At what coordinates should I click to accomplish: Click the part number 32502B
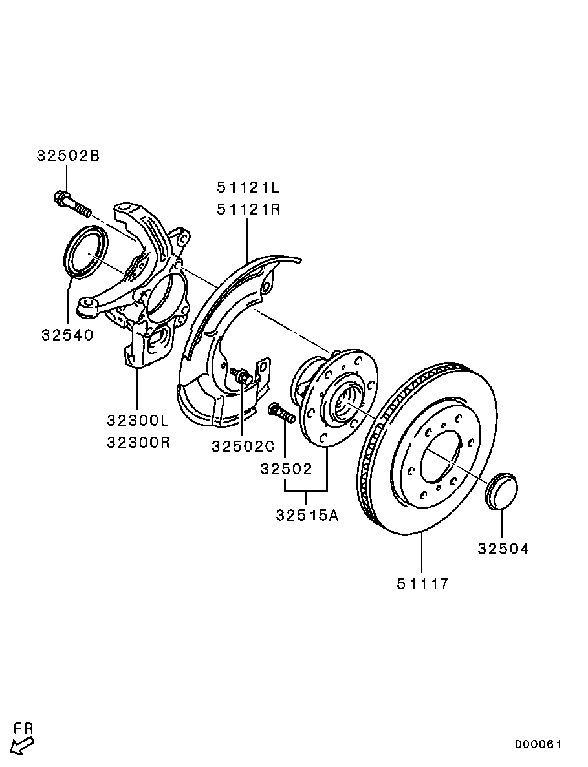click(x=68, y=156)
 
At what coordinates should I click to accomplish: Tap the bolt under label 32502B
click(x=72, y=204)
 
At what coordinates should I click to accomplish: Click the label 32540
click(x=67, y=335)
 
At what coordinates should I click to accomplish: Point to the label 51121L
click(x=248, y=187)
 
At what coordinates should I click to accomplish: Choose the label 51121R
click(x=248, y=209)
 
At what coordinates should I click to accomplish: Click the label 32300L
click(x=138, y=420)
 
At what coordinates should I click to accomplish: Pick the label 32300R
click(x=138, y=442)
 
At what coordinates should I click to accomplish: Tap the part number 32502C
click(x=243, y=446)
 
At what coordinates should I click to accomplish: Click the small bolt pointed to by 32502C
click(x=241, y=376)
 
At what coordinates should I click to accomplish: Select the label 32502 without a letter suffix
click(x=286, y=468)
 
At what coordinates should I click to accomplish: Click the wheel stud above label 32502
click(x=281, y=412)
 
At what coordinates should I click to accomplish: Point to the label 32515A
click(x=307, y=515)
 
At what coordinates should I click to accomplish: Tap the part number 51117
click(x=422, y=583)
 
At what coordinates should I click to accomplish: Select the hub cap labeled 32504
click(x=501, y=491)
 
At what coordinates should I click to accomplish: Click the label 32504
click(x=503, y=549)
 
